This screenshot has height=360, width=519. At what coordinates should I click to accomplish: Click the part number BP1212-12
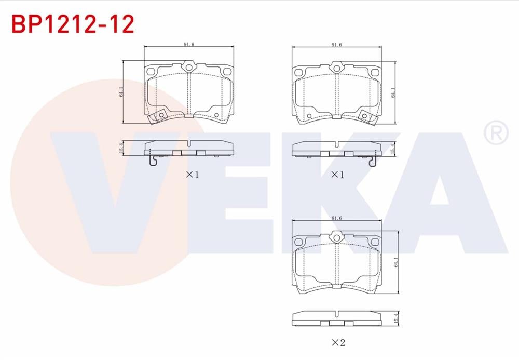(x=73, y=24)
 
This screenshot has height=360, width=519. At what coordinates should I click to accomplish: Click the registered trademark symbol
(x=496, y=132)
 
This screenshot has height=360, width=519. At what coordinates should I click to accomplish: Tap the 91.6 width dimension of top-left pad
(x=189, y=44)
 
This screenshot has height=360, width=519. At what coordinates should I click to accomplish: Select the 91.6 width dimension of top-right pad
(x=337, y=45)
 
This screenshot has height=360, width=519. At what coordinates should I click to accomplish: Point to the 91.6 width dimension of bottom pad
(x=337, y=218)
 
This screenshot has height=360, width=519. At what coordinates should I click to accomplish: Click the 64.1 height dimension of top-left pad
(x=121, y=92)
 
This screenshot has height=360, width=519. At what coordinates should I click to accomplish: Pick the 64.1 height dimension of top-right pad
(x=393, y=92)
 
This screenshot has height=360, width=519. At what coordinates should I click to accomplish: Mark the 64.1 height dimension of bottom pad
(x=397, y=262)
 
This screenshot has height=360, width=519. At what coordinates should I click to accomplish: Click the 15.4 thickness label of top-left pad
(x=121, y=148)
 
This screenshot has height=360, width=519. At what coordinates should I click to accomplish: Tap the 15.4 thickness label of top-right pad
(x=393, y=149)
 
